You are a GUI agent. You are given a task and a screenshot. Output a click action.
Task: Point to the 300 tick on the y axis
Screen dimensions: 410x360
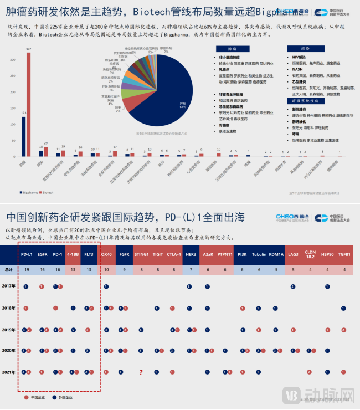pyautogui.click(x=12, y=58)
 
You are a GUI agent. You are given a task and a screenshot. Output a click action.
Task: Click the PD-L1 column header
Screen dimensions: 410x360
pyautogui.click(x=26, y=254)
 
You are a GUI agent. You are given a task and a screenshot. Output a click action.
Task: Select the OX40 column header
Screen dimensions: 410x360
pyautogui.click(x=106, y=254)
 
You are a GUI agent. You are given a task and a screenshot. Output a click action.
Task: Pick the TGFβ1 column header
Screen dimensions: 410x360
pyautogui.click(x=344, y=254)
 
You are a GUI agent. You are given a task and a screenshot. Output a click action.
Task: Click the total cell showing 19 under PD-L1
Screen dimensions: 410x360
pyautogui.click(x=26, y=270)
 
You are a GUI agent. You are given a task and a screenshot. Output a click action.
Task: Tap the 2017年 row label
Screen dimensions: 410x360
pyautogui.click(x=9, y=286)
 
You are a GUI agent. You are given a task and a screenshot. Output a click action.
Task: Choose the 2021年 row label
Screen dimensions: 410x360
pyautogui.click(x=9, y=372)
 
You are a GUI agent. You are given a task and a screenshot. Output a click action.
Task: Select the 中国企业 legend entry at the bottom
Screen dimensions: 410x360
pyautogui.click(x=37, y=397)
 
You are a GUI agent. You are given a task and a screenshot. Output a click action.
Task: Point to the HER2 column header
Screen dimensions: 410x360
pyautogui.click(x=191, y=254)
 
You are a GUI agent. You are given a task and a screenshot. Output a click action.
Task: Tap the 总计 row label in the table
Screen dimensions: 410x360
pyautogui.click(x=8, y=270)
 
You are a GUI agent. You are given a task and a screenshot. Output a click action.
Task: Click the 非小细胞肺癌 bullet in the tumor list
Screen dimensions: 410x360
pyautogui.click(x=230, y=58)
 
